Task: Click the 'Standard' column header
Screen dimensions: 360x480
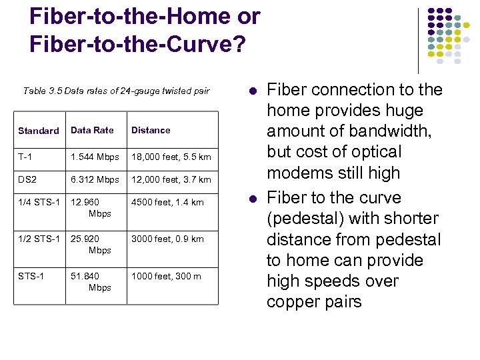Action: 38,131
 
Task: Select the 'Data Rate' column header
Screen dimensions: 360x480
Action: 92,130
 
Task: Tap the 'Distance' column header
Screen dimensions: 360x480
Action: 151,130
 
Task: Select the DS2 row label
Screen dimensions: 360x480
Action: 28,180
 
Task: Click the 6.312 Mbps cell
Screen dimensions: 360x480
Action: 96,180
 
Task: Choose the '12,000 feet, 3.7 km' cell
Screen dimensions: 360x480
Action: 171,180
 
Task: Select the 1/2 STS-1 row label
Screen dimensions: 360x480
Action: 39,239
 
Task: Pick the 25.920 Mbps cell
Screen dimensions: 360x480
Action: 91,245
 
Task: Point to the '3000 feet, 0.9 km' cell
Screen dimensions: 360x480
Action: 167,239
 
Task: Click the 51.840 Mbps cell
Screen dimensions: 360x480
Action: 91,282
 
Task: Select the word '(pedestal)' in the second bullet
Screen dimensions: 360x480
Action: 299,219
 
